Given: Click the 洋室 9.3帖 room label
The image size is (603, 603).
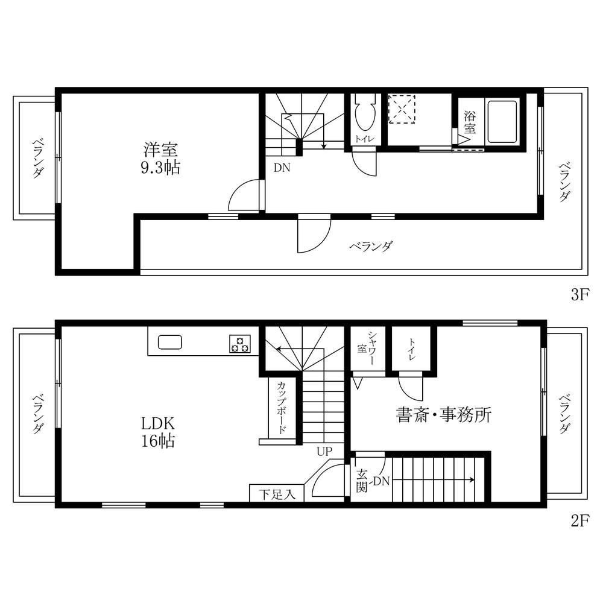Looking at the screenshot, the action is [x=160, y=159].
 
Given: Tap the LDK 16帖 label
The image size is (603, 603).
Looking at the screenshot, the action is [x=158, y=432].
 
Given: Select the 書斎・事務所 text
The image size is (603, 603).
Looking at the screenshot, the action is [x=444, y=415].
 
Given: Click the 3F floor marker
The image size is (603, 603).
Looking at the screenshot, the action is [x=580, y=295].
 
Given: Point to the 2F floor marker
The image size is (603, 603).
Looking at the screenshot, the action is [x=580, y=521].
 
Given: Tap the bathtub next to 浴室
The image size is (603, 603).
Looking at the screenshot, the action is [x=502, y=122].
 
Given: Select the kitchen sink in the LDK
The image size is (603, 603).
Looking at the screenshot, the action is [x=170, y=342].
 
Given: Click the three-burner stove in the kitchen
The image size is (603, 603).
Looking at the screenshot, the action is [x=240, y=344].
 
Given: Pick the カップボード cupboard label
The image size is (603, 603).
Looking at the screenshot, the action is [x=281, y=408].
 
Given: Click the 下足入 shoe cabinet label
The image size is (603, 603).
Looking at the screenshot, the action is [x=277, y=494].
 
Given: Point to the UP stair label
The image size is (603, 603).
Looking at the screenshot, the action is [x=324, y=451].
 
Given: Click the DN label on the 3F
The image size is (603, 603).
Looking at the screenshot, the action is [x=282, y=168].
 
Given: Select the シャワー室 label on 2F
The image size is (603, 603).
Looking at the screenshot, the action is [x=367, y=348].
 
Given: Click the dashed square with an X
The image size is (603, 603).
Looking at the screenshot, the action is [x=402, y=109].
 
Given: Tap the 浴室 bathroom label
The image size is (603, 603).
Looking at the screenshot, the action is [x=469, y=122].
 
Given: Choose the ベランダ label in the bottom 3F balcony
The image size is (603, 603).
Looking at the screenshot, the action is [x=371, y=246].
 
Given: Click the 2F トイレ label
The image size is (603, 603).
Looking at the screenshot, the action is [x=411, y=349].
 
